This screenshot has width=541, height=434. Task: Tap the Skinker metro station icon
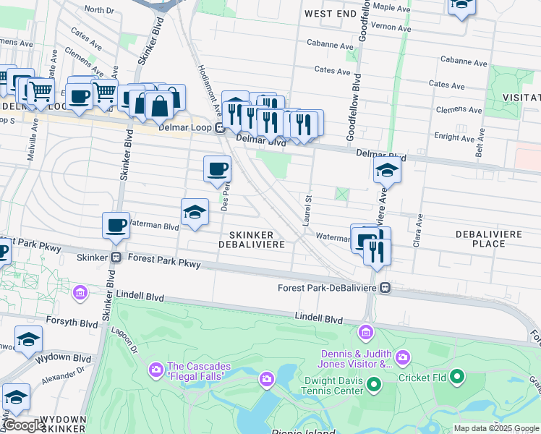(x=115, y=258)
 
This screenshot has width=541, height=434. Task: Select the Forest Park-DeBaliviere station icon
(x=386, y=288)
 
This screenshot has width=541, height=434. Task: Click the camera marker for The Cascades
(x=156, y=371)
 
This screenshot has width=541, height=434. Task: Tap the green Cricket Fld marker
(x=456, y=377)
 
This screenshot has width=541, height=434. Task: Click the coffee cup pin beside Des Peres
(x=217, y=170)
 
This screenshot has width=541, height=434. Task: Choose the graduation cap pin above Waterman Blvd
(x=195, y=213)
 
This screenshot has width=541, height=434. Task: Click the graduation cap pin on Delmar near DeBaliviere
(x=387, y=171)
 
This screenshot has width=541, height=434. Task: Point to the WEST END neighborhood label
(x=330, y=14)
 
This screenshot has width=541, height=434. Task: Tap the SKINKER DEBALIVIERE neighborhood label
(x=252, y=240)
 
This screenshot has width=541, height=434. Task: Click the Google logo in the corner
(x=23, y=425)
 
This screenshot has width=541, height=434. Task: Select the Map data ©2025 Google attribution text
(x=495, y=428)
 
